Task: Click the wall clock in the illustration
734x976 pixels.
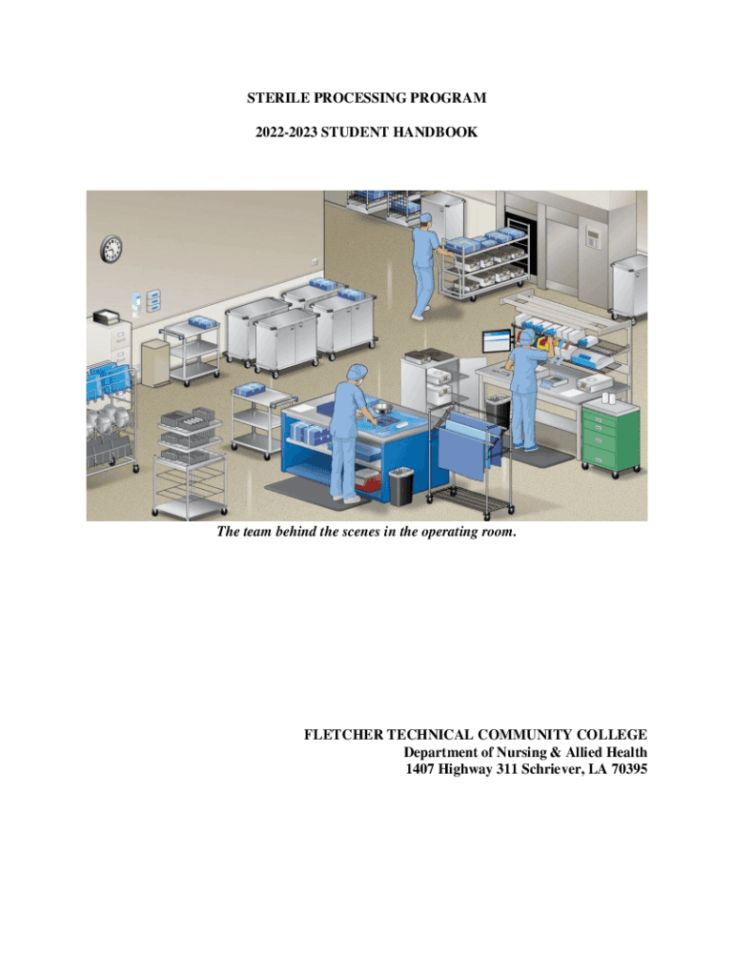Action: pyautogui.click(x=112, y=249)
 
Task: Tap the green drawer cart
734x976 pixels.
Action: pyautogui.click(x=610, y=437)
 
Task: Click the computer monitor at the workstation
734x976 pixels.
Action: pyautogui.click(x=497, y=342)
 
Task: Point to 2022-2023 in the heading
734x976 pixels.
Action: pyautogui.click(x=286, y=132)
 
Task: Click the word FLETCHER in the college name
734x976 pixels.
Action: pyautogui.click(x=344, y=735)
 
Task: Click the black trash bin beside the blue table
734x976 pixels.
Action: pyautogui.click(x=400, y=487)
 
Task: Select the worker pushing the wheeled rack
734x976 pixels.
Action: pyautogui.click(x=423, y=266)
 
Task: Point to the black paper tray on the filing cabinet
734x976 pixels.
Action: pyautogui.click(x=107, y=317)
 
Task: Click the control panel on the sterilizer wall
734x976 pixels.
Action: pyautogui.click(x=594, y=238)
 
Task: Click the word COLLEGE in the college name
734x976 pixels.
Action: pyautogui.click(x=613, y=735)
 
